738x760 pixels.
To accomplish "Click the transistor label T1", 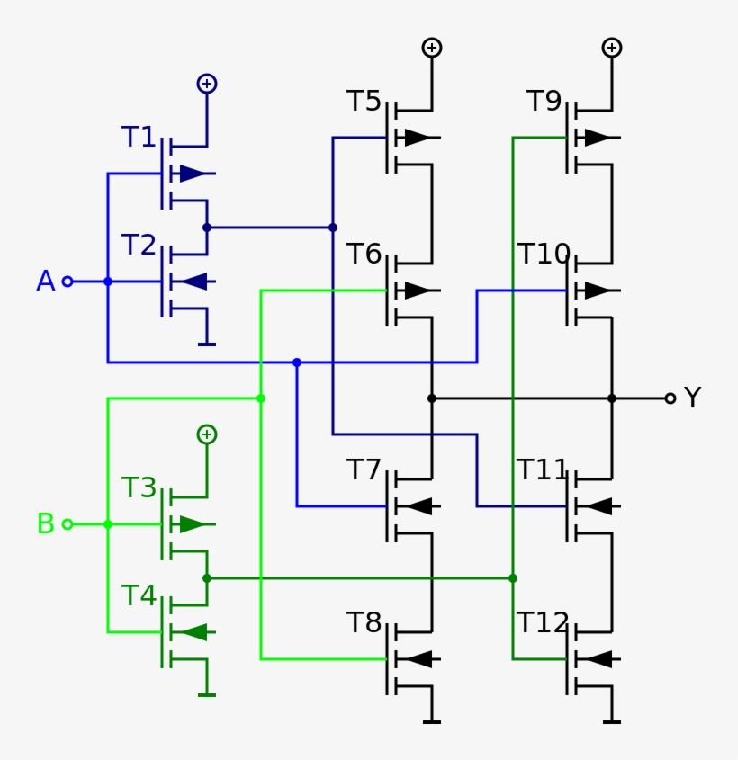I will click(x=139, y=138).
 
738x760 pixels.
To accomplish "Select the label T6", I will click(x=364, y=255).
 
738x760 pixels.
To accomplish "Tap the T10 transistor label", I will click(x=544, y=255).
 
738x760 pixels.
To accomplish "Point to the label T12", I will click(x=543, y=623).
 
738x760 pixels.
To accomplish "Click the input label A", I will click(x=45, y=282).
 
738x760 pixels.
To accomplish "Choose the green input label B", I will click(x=45, y=524).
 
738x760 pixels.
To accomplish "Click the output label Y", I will click(x=692, y=398).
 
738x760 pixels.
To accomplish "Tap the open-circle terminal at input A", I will click(x=67, y=282).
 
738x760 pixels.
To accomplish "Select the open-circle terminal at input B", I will click(x=67, y=524).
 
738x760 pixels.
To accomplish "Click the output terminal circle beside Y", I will click(x=670, y=398).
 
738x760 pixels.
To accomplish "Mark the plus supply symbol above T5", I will click(x=432, y=48).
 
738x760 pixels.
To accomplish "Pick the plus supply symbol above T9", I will click(x=612, y=48).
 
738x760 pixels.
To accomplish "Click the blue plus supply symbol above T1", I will click(x=207, y=84).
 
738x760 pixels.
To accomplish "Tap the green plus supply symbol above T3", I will click(x=207, y=434).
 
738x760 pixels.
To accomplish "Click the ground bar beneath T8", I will click(x=432, y=721).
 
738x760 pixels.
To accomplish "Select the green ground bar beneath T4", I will click(x=207, y=694).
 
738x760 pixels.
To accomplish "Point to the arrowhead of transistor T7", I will click(x=418, y=506).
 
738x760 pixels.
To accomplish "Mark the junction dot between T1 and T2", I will click(x=207, y=228).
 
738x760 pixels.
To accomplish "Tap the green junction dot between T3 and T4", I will click(x=207, y=578).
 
